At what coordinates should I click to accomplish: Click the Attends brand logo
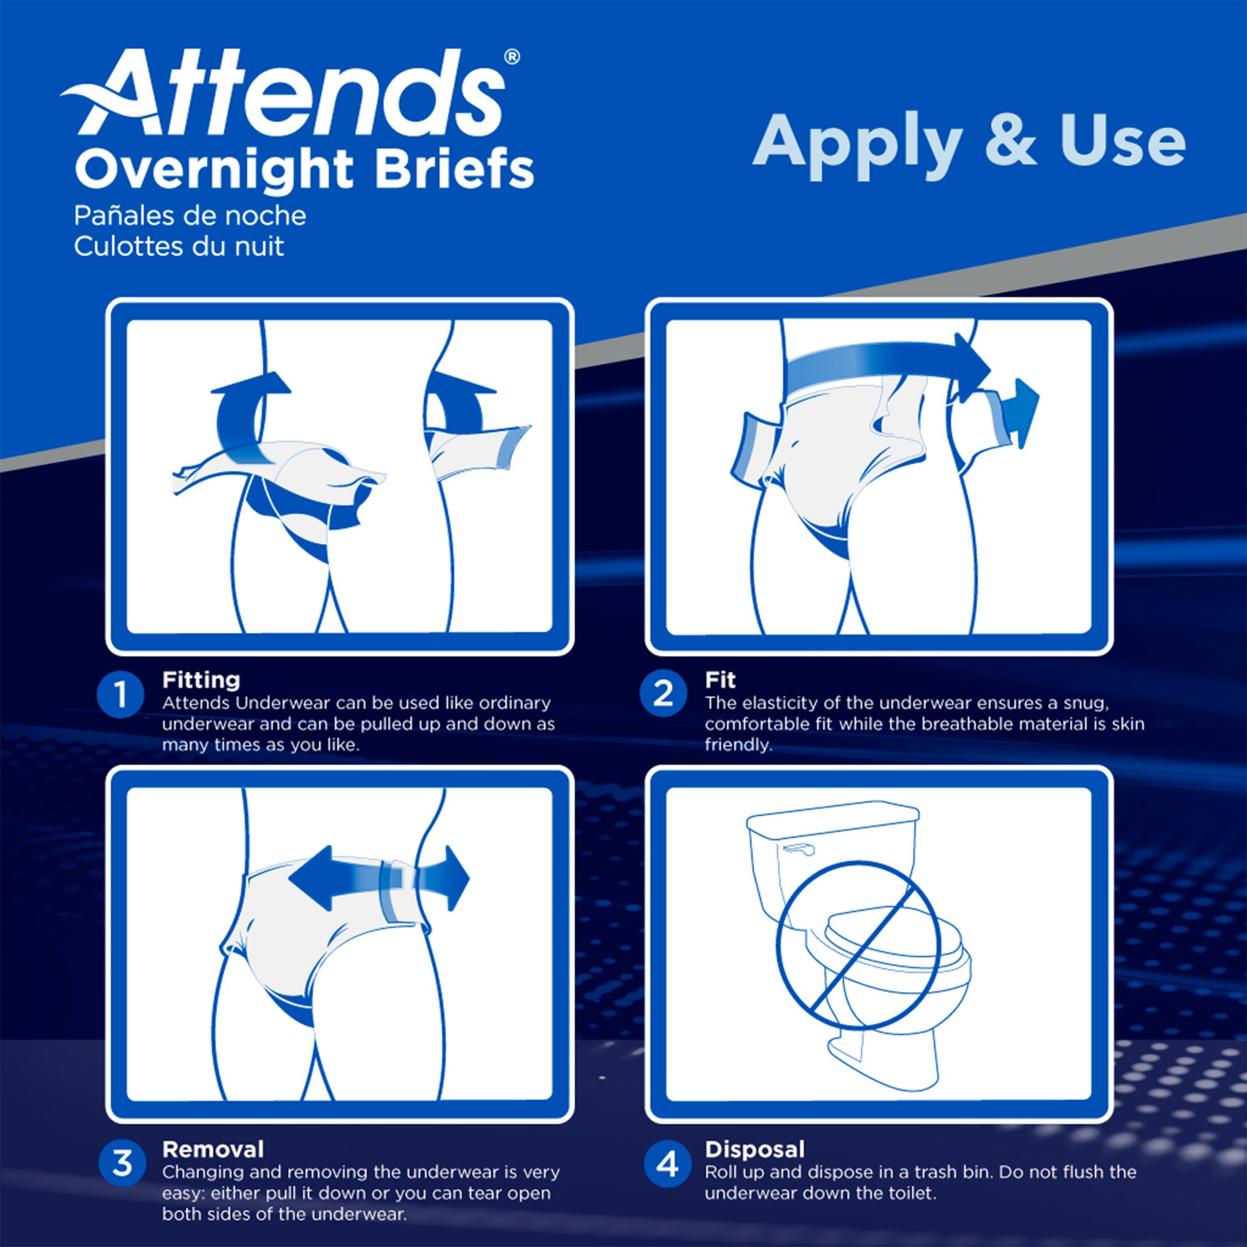291,94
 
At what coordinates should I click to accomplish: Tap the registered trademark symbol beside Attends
511,57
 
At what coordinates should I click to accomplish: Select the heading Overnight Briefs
304,169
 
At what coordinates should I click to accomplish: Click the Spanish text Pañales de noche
190,216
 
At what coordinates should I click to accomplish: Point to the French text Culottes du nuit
179,246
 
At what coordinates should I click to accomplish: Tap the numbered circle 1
121,696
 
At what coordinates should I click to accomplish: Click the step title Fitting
201,680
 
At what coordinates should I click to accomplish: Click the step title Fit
720,680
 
